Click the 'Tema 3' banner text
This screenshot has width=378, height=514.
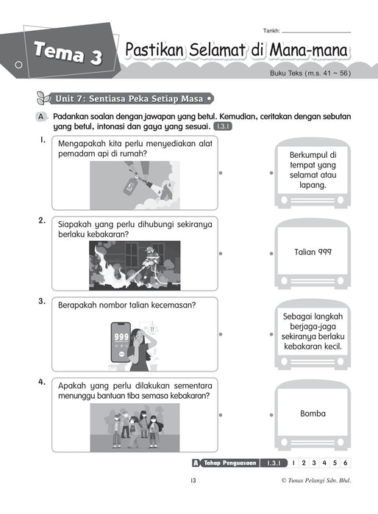click(68, 53)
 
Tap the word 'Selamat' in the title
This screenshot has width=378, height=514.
click(217, 50)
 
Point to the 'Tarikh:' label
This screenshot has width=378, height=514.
click(271, 31)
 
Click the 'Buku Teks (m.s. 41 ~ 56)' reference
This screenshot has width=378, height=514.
click(310, 73)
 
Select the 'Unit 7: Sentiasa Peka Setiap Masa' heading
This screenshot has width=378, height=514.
click(129, 98)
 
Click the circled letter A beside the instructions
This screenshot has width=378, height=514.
click(40, 117)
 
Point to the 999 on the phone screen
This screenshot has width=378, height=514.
click(121, 337)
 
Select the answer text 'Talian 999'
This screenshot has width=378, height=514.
click(313, 252)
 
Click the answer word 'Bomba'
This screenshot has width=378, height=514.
click(313, 413)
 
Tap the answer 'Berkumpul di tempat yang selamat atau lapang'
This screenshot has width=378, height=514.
click(313, 170)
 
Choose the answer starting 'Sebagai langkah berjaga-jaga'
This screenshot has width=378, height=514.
click(313, 331)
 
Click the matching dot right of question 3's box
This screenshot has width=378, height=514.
click(221, 334)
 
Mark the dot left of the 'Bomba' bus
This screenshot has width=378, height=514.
click(271, 415)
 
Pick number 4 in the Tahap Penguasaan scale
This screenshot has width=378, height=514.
click(324, 463)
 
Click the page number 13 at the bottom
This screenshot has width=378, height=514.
click(193, 480)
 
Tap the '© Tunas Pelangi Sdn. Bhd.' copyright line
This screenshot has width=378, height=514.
click(316, 480)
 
